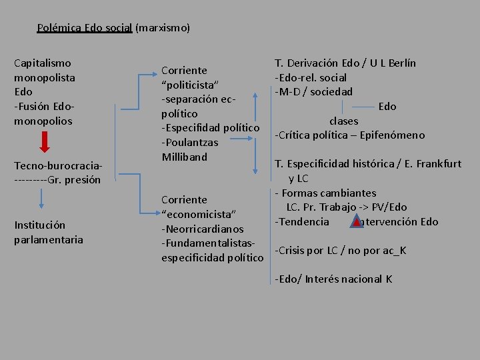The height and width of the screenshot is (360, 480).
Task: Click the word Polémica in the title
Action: click(x=59, y=28)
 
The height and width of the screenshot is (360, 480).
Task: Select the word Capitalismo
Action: click(x=43, y=63)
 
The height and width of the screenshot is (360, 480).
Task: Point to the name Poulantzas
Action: click(x=190, y=142)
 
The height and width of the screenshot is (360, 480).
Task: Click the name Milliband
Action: click(x=185, y=157)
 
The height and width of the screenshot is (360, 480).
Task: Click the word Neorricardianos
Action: click(x=203, y=229)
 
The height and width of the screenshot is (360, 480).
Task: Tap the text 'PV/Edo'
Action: click(x=389, y=207)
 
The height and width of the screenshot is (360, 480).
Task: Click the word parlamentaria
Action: click(x=49, y=239)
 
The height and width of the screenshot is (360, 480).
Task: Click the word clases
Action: click(x=343, y=121)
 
